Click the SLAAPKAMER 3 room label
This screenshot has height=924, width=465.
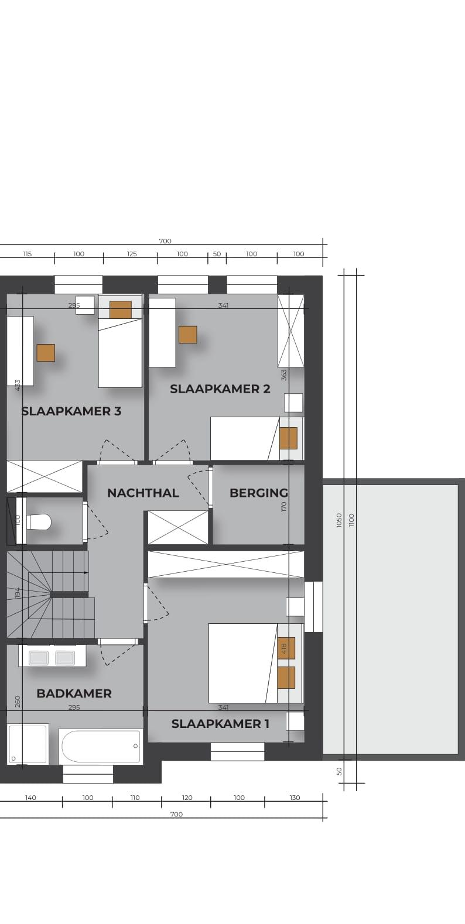(x=71, y=411)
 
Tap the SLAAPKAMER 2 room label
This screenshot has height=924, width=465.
(x=220, y=389)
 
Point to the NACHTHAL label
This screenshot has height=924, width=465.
(x=143, y=493)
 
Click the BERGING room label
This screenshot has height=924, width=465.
(x=259, y=493)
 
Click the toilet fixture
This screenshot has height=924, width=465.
(x=39, y=523)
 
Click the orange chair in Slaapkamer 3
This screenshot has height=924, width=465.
(x=46, y=353)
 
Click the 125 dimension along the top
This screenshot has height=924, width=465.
(x=132, y=254)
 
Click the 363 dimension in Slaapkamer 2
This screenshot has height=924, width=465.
(x=283, y=375)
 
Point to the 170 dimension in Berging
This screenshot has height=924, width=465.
(x=283, y=507)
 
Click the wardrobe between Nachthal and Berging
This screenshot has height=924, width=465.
(x=178, y=528)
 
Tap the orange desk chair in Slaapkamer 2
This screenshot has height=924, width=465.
(x=187, y=335)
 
